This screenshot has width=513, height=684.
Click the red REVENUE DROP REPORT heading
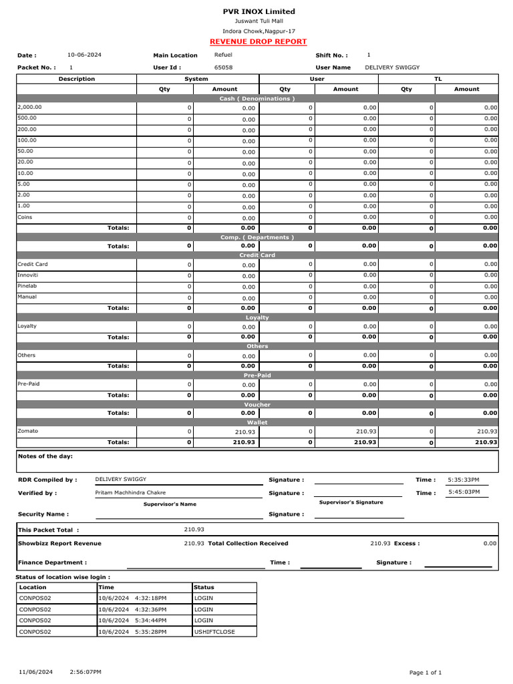(258, 41)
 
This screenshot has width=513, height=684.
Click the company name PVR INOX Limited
(259, 11)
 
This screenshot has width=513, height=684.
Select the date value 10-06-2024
(84, 54)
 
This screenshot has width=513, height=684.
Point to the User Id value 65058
(223, 67)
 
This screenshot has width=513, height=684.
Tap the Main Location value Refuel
(223, 54)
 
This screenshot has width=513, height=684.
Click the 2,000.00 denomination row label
(29, 107)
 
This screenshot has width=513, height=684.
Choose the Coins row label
(25, 217)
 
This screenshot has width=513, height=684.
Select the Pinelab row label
(27, 286)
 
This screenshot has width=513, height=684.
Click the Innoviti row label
(27, 275)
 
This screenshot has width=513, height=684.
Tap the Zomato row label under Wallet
(27, 431)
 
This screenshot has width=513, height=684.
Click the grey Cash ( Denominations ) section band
(257, 98)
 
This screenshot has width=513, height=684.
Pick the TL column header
(438, 79)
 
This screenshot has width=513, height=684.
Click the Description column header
(77, 79)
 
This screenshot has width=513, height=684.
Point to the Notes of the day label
(45, 456)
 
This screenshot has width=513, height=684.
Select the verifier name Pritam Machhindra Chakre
(130, 493)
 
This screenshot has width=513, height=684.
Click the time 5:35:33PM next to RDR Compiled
(464, 480)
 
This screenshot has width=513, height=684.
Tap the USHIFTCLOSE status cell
(214, 631)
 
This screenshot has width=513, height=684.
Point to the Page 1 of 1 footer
(425, 672)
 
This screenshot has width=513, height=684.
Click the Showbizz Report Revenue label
(59, 544)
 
